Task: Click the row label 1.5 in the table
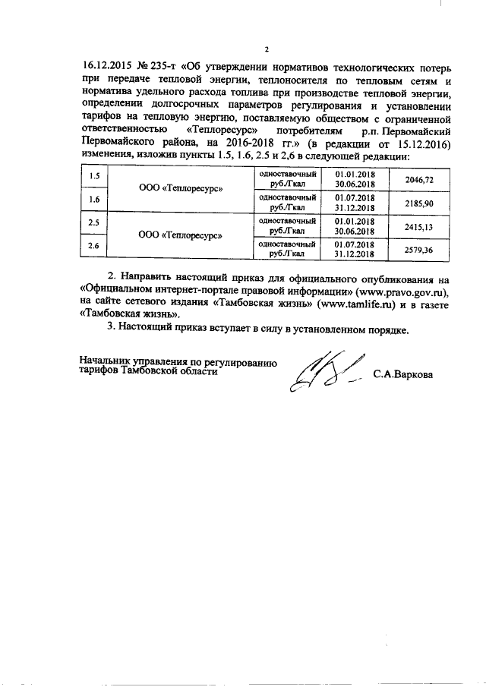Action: coord(94,177)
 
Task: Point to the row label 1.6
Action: coord(94,200)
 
